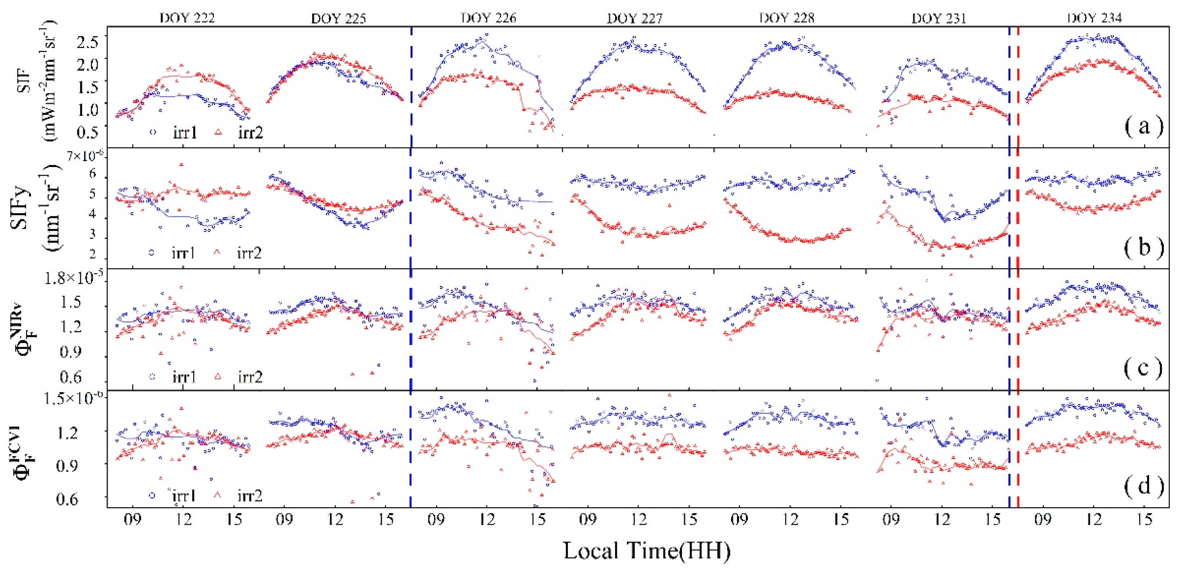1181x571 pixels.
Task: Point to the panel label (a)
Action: pyautogui.click(x=1144, y=126)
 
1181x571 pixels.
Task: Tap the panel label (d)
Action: pyautogui.click(x=1144, y=485)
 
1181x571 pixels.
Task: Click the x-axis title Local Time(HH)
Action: pyautogui.click(x=646, y=550)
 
